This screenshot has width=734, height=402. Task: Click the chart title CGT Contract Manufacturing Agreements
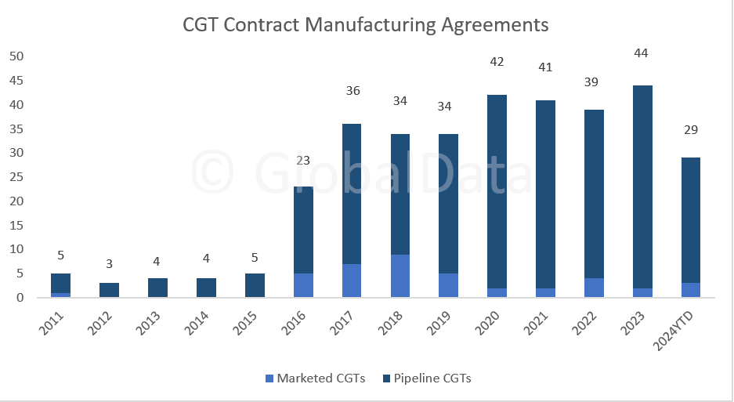point(366,24)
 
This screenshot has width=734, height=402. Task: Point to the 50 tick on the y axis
point(16,56)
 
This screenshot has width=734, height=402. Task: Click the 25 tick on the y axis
point(16,177)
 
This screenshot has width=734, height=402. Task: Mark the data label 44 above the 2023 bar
point(642,53)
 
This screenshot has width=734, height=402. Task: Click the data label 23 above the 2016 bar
point(302,161)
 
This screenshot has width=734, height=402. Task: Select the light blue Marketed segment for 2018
point(400,276)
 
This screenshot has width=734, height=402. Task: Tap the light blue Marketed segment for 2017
point(351,281)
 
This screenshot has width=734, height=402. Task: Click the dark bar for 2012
point(109,290)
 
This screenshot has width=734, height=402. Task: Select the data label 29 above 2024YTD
point(691,130)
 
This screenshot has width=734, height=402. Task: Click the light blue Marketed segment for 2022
point(594,288)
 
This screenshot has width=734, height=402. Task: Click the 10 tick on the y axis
point(16,249)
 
